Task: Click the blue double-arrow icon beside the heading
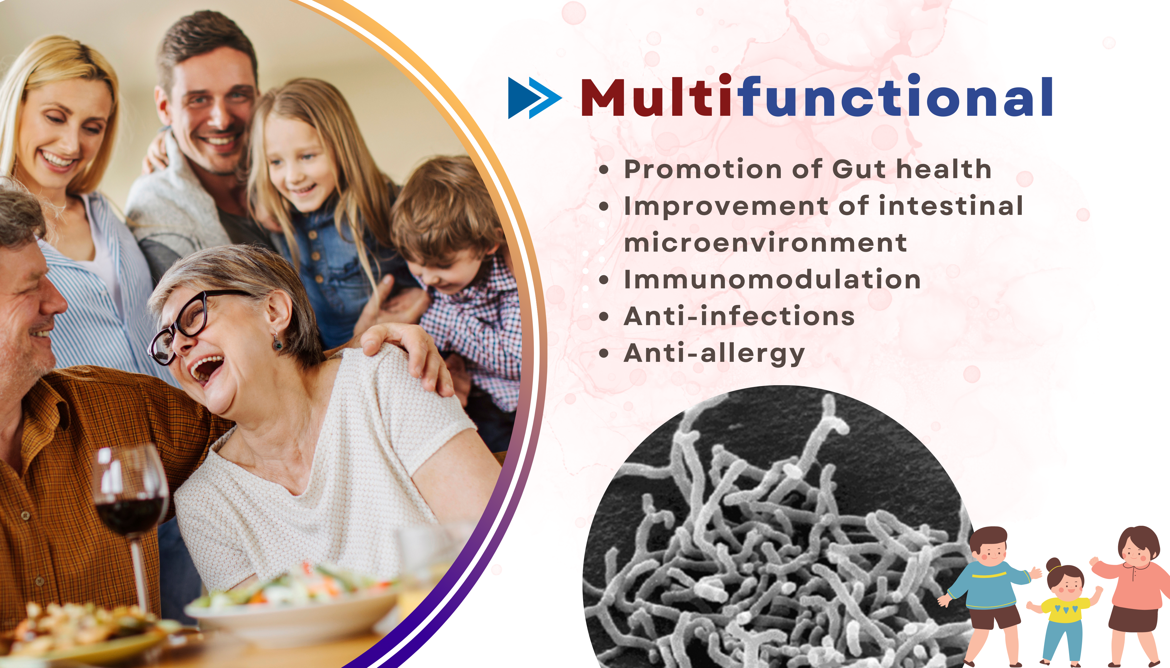[535, 98]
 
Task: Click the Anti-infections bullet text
[739, 316]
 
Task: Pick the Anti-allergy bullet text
[714, 354]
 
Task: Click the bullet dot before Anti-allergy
[604, 354]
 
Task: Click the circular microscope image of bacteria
[781, 528]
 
